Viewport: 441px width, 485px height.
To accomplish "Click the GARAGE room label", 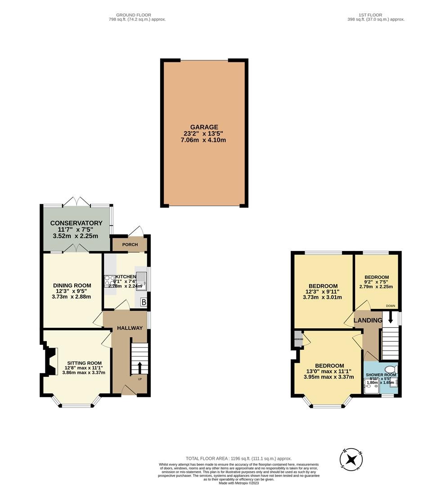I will click(203, 127).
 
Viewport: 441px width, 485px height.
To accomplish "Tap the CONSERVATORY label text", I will click(76, 223).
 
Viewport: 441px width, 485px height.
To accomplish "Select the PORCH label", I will click(129, 245).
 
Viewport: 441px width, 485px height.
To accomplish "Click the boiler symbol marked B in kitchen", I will click(144, 302).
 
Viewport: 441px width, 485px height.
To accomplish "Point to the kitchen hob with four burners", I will click(109, 281).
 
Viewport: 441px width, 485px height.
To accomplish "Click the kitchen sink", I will click(141, 279).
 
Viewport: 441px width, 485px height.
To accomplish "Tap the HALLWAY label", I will click(130, 328).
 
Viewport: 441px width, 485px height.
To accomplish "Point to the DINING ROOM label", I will click(72, 285).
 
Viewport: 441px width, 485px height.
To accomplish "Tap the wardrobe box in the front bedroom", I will click(298, 339).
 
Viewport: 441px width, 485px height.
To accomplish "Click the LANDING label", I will click(368, 320).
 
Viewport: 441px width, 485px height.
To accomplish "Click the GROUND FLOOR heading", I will click(133, 15).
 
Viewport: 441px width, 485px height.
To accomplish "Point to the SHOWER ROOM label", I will click(381, 375).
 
